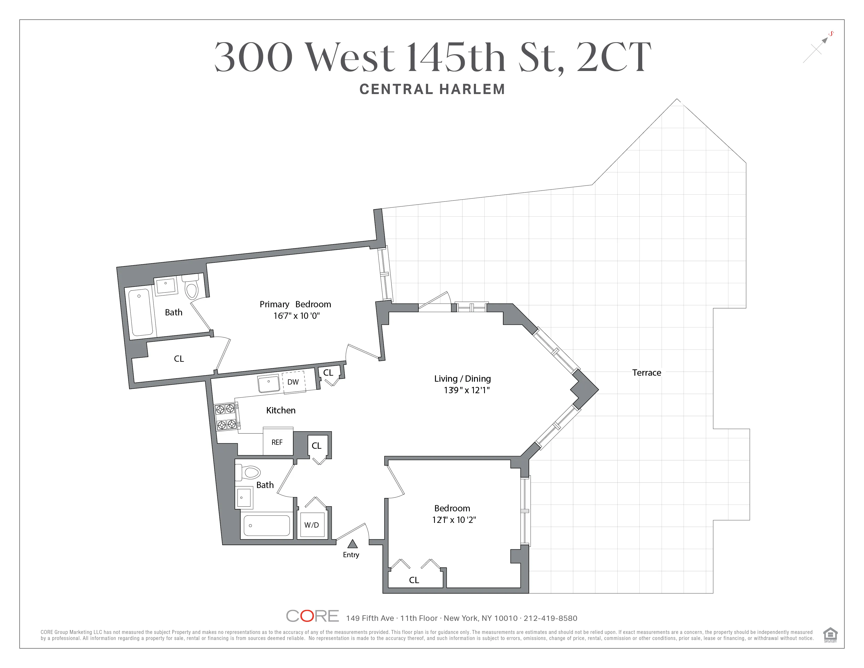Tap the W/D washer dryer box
coord(312,525)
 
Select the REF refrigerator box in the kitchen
coord(277,442)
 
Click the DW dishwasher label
coord(293,382)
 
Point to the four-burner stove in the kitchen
coord(226,416)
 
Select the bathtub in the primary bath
coord(140,312)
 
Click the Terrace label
coord(646,373)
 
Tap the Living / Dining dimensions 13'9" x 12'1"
coord(466,390)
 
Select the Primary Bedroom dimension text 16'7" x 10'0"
coord(296,316)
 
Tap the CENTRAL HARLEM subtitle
coord(432,89)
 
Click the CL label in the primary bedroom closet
coord(179,359)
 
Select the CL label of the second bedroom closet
coord(414,580)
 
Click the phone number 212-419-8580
coord(550,618)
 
